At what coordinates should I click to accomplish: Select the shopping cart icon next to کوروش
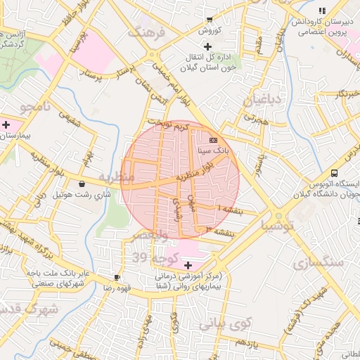pos(210,20)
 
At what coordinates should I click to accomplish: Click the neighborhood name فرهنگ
pos(146,32)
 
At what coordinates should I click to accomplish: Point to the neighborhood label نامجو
pos(37,108)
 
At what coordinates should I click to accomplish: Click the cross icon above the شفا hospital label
pos(188,265)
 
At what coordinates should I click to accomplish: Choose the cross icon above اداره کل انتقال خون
pos(207,46)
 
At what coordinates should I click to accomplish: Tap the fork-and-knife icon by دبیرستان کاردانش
pos(322,11)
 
